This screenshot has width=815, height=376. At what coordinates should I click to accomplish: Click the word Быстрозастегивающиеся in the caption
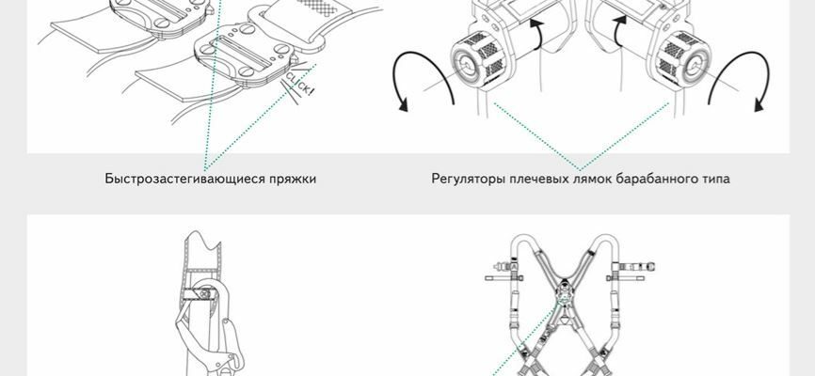pos(184,180)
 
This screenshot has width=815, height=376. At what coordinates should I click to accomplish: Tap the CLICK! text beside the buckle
pos(299,84)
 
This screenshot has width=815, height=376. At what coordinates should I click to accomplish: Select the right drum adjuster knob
pos(682,58)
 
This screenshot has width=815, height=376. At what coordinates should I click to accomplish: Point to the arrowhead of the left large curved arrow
pos(402,103)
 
